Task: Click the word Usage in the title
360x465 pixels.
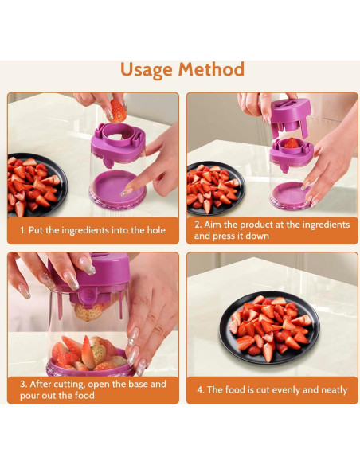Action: coord(147,70)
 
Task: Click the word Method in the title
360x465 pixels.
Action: coord(211,68)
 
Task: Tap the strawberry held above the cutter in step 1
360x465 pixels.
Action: coord(118,111)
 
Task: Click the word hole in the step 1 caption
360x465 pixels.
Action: coord(156,230)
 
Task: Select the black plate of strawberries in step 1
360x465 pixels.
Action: coord(37,184)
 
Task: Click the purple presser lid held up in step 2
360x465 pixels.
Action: coord(291,114)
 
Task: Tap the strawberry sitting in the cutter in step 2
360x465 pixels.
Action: coord(292,143)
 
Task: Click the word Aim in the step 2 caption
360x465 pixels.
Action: coord(213,225)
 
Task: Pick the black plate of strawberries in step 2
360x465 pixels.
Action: coord(216,189)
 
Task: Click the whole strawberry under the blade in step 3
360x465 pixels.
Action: coord(88,312)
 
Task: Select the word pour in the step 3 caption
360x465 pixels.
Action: coord(29,396)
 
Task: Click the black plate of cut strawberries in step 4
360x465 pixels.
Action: coord(269,328)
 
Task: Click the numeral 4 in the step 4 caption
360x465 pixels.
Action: coord(200,389)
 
